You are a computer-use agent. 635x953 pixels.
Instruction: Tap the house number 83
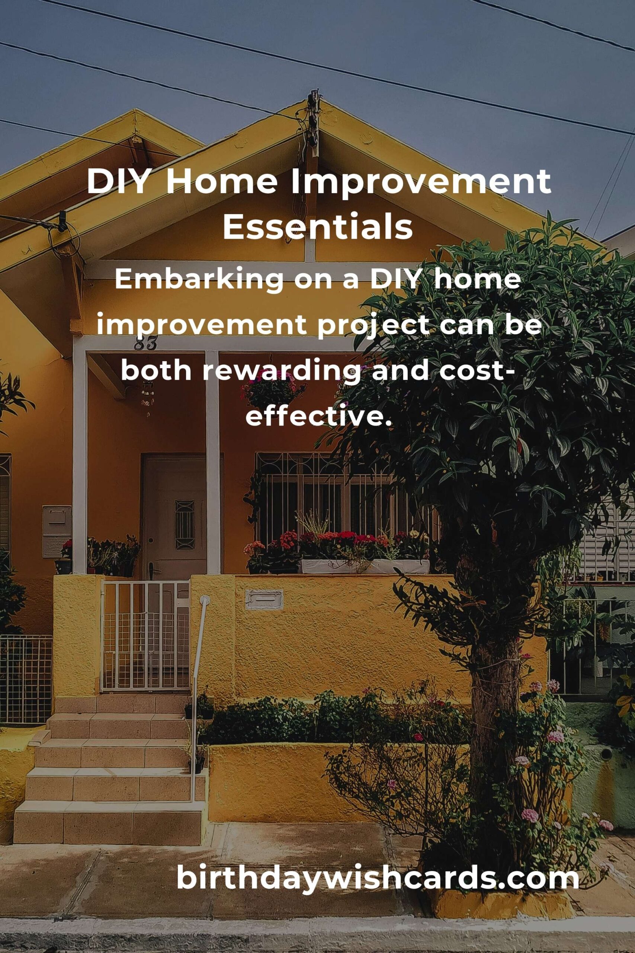point(145,344)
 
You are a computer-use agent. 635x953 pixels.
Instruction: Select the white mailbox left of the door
point(57,531)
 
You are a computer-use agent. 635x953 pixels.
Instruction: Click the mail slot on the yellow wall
point(264,600)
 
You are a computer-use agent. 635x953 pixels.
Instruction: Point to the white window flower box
point(365,567)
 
